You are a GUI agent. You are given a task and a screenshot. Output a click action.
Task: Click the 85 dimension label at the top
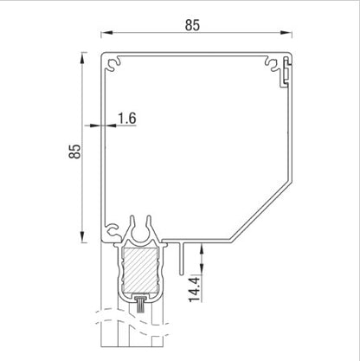(191, 25)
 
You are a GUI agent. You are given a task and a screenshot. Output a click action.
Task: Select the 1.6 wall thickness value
(125, 118)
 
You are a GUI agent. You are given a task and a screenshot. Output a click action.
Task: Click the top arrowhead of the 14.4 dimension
(202, 247)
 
